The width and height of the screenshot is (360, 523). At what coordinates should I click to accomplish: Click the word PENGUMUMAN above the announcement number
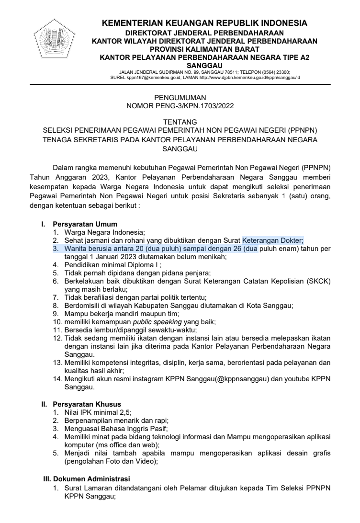pyautogui.click(x=180, y=98)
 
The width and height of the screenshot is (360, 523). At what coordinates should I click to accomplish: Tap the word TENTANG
pyautogui.click(x=180, y=123)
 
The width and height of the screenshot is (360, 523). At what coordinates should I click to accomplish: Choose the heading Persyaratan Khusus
pyautogui.click(x=87, y=404)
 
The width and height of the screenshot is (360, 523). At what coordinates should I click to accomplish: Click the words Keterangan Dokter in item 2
pyautogui.click(x=272, y=240)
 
